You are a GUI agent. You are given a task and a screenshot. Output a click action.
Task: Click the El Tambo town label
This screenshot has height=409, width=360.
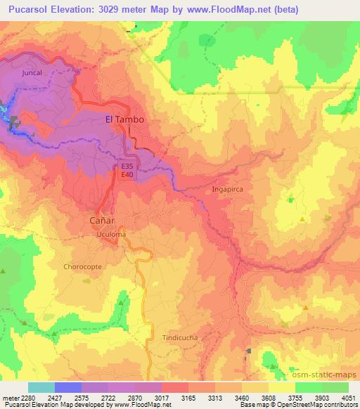124,119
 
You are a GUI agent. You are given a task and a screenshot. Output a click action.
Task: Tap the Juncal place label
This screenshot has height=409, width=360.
32,72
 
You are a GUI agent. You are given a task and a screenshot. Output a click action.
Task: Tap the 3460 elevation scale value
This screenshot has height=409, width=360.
242,398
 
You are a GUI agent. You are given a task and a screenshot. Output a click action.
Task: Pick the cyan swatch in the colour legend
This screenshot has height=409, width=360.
41,387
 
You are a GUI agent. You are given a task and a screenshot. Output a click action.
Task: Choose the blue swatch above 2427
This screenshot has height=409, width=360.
68,387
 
